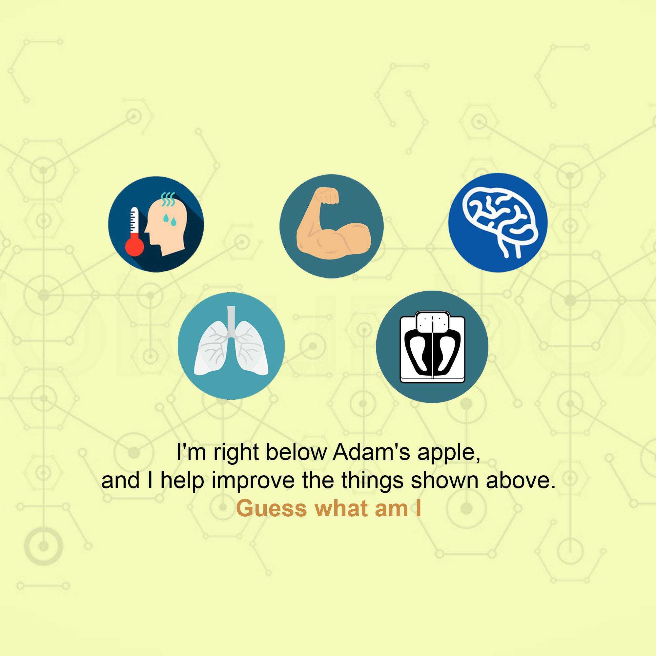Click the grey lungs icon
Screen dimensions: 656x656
click(231, 343)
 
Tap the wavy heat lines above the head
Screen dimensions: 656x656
click(168, 199)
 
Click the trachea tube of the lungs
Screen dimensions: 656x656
click(231, 321)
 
